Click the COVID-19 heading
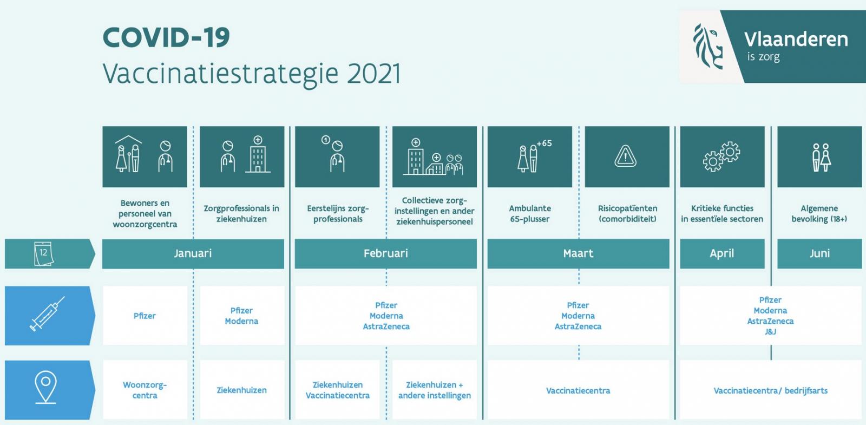coord(166,37)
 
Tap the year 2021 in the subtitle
coord(374,74)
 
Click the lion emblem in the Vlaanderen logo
coord(708,47)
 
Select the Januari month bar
coord(193,254)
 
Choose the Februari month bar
coord(386,254)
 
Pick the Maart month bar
coord(579,254)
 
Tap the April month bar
coord(722,254)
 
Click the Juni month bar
coord(819,254)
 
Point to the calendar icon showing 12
coord(44,254)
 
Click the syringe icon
coord(47,313)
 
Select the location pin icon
coord(45,387)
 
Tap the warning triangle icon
coord(626,156)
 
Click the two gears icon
coord(721,156)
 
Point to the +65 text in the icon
coord(544,143)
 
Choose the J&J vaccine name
coord(771,332)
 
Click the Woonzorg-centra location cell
coord(145,390)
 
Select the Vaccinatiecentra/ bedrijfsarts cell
coord(771,390)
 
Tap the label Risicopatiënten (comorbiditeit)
coord(627,214)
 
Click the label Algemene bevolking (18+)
coord(819,214)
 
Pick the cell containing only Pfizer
coord(145,316)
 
